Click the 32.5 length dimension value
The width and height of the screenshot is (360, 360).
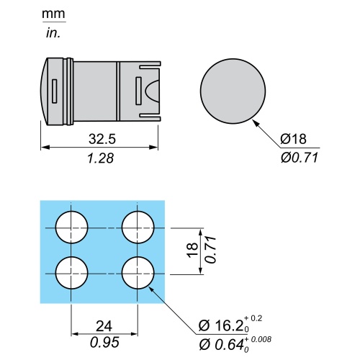coord(102,139)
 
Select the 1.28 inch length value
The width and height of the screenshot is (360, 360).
coord(101,158)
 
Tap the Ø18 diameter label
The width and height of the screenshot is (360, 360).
coord(293,139)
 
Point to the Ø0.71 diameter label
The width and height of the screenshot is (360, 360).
coord(300,158)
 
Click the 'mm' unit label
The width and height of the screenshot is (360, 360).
coord(53,14)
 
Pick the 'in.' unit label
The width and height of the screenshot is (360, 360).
coord(53,33)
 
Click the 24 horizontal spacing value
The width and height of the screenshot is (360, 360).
coord(104,326)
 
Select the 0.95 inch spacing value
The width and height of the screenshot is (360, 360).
coord(104,343)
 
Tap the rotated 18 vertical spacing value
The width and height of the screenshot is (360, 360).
coord(193,251)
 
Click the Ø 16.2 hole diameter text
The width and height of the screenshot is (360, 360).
coord(222,325)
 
